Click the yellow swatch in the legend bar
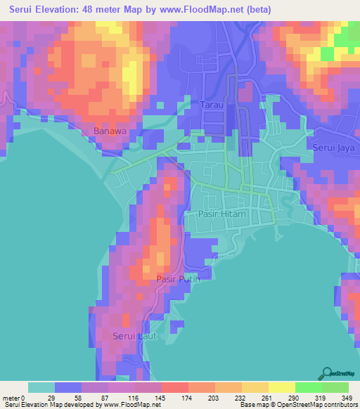point(281,387)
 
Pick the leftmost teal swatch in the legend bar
point(41,387)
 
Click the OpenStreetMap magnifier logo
point(328,374)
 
